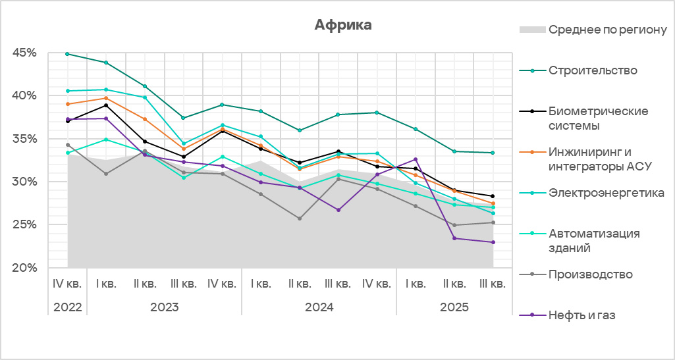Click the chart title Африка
click(x=342, y=25)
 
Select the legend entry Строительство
click(x=593, y=70)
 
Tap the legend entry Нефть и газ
click(x=581, y=315)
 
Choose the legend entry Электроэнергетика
click(x=606, y=193)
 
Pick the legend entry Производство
click(x=590, y=274)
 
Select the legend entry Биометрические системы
click(x=598, y=118)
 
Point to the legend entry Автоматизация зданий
click(x=594, y=240)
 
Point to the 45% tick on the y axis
click(x=24, y=53)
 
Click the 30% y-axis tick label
click(x=24, y=182)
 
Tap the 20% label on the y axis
click(x=24, y=268)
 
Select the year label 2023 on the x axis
click(x=165, y=307)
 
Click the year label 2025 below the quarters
click(x=454, y=307)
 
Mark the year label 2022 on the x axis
click(x=68, y=307)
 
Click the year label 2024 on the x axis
click(x=319, y=307)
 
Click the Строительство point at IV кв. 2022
click(x=68, y=54)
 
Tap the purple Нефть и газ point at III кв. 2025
click(x=493, y=242)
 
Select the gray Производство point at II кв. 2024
click(x=300, y=219)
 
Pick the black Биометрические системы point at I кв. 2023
click(x=106, y=105)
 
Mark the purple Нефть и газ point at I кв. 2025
click(x=416, y=159)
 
